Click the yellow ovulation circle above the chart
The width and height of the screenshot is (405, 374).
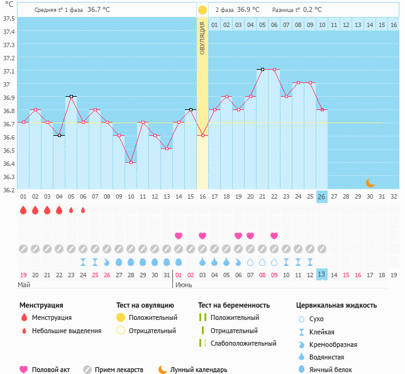pyautogui.click(x=203, y=10)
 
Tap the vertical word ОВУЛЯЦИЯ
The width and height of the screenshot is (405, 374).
pyautogui.click(x=203, y=38)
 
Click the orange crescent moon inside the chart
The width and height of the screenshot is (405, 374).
pyautogui.click(x=370, y=183)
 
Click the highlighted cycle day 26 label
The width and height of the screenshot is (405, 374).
pyautogui.click(x=321, y=197)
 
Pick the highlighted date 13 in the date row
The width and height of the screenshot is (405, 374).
pyautogui.click(x=321, y=275)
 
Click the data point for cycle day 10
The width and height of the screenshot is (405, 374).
pyautogui.click(x=131, y=162)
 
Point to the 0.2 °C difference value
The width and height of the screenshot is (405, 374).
pyautogui.click(x=313, y=10)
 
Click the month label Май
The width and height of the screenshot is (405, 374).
pyautogui.click(x=24, y=285)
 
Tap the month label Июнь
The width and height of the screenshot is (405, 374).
pyautogui.click(x=184, y=285)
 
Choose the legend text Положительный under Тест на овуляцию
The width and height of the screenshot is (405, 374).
pyautogui.click(x=153, y=318)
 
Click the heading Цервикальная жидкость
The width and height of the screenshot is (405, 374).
pyautogui.click(x=336, y=305)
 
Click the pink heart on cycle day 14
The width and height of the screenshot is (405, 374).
pyautogui.click(x=178, y=236)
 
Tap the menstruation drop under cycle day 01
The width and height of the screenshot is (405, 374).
pyautogui.click(x=23, y=210)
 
